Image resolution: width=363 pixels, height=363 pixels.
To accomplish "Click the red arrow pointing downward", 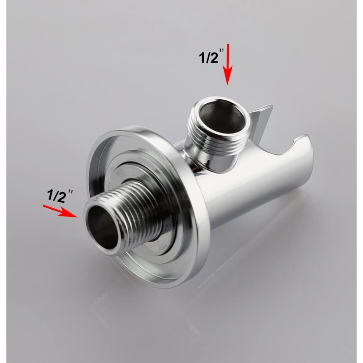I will point(228,64).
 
